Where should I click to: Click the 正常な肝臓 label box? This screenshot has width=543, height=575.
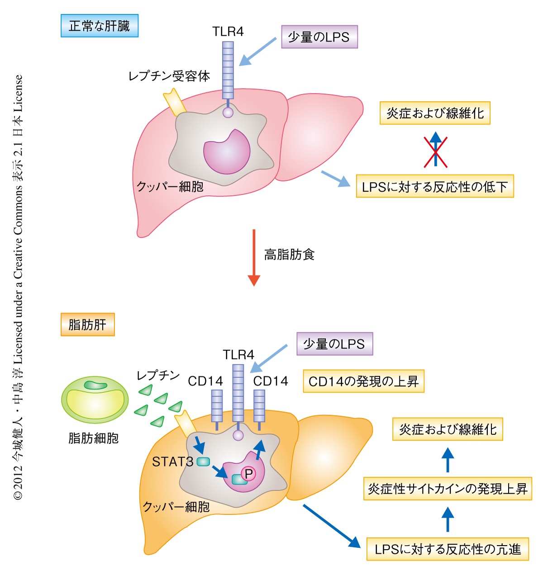click(99, 26)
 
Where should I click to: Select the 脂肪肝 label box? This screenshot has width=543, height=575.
click(87, 325)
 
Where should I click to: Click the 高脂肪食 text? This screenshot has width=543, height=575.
click(289, 255)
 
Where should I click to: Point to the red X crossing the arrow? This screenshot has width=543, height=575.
click(435, 151)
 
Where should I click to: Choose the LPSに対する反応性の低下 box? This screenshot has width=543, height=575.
click(435, 186)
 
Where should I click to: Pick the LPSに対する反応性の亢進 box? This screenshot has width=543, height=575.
click(448, 549)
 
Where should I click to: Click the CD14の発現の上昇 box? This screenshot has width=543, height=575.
click(363, 381)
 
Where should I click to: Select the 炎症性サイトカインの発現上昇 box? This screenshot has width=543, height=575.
click(448, 489)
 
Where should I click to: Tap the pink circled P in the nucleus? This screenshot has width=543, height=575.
click(248, 474)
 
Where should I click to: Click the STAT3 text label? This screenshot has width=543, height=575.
click(172, 462)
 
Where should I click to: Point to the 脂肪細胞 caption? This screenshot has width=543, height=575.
click(94, 438)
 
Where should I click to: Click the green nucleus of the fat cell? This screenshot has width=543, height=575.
click(95, 385)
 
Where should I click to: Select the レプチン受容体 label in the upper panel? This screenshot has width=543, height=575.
click(169, 76)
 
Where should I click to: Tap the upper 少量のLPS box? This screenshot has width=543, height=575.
click(319, 37)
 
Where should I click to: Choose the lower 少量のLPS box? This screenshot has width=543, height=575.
click(334, 344)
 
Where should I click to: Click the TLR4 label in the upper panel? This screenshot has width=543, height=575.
click(228, 32)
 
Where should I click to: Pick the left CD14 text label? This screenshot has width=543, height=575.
click(205, 381)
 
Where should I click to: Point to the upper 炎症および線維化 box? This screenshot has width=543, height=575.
click(435, 113)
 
